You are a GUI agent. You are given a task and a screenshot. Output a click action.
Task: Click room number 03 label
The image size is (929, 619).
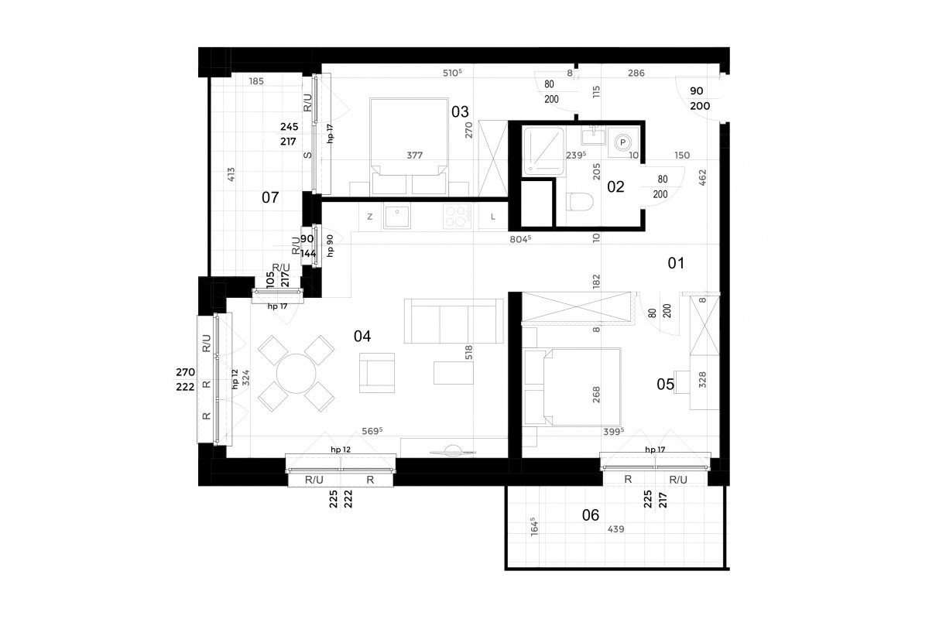(460, 112)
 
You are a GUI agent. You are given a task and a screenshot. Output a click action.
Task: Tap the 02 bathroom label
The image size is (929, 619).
(615, 187)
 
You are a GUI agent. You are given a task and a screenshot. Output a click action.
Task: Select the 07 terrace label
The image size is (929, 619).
(270, 198)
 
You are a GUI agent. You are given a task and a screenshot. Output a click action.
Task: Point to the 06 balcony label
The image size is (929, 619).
(591, 515)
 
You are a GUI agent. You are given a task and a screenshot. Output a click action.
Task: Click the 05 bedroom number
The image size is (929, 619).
(665, 385)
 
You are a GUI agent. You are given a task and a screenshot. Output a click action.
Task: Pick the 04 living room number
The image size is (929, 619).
(362, 337)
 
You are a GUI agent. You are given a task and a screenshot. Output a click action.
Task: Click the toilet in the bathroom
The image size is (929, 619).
(580, 202)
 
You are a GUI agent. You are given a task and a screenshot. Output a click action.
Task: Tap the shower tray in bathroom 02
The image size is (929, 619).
(543, 151)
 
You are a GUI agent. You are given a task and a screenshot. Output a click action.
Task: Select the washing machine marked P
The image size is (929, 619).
(623, 142)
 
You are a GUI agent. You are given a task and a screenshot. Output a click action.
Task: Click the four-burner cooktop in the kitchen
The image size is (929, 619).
(457, 217)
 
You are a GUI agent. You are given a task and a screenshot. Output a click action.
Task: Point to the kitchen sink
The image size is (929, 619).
(397, 216)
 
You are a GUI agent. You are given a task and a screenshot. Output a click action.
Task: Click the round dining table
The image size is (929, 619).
(296, 374)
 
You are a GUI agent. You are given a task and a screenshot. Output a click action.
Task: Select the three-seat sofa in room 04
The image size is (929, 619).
(454, 321)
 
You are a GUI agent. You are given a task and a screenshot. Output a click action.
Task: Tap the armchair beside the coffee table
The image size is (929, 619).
(377, 373)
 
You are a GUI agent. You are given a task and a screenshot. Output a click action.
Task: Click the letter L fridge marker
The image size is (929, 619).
(492, 217)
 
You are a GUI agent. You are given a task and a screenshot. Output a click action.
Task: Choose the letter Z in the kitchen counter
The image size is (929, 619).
(369, 217)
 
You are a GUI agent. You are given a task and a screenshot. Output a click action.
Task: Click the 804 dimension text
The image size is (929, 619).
(520, 239)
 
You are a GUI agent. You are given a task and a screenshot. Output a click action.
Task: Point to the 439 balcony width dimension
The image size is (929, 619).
(616, 529)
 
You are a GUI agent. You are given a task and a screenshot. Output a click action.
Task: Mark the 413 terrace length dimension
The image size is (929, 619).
(231, 174)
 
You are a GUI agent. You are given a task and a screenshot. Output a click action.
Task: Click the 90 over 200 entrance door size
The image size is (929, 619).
(700, 99)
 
